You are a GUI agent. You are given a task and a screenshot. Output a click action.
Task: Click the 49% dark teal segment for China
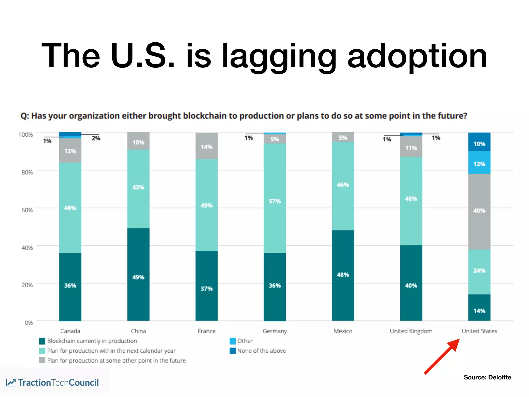[138, 274]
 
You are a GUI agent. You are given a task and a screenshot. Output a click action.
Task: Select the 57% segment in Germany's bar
[275, 198]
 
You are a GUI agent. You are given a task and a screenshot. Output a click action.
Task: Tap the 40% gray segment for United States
[479, 211]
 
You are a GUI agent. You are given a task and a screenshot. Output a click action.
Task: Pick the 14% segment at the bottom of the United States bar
[479, 308]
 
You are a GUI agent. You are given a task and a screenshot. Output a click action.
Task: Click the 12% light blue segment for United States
[479, 163]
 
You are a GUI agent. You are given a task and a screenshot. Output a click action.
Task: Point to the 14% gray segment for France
[206, 146]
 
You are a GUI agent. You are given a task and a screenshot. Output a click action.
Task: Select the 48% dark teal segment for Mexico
[343, 275]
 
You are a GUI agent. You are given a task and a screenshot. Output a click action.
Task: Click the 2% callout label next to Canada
[96, 138]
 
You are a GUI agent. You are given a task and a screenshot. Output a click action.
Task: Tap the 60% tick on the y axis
[27, 210]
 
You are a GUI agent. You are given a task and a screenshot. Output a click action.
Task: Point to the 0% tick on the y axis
[29, 323]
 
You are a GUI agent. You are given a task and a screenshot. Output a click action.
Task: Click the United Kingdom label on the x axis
[411, 331]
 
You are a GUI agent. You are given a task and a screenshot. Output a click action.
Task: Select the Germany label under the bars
[275, 331]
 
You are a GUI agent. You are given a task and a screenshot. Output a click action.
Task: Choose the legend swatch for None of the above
[232, 351]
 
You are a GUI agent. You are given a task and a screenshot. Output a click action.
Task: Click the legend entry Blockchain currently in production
[92, 341]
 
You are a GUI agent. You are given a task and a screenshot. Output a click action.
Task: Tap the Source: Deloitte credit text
[487, 377]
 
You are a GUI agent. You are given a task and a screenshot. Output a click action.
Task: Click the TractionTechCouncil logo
[53, 383]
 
